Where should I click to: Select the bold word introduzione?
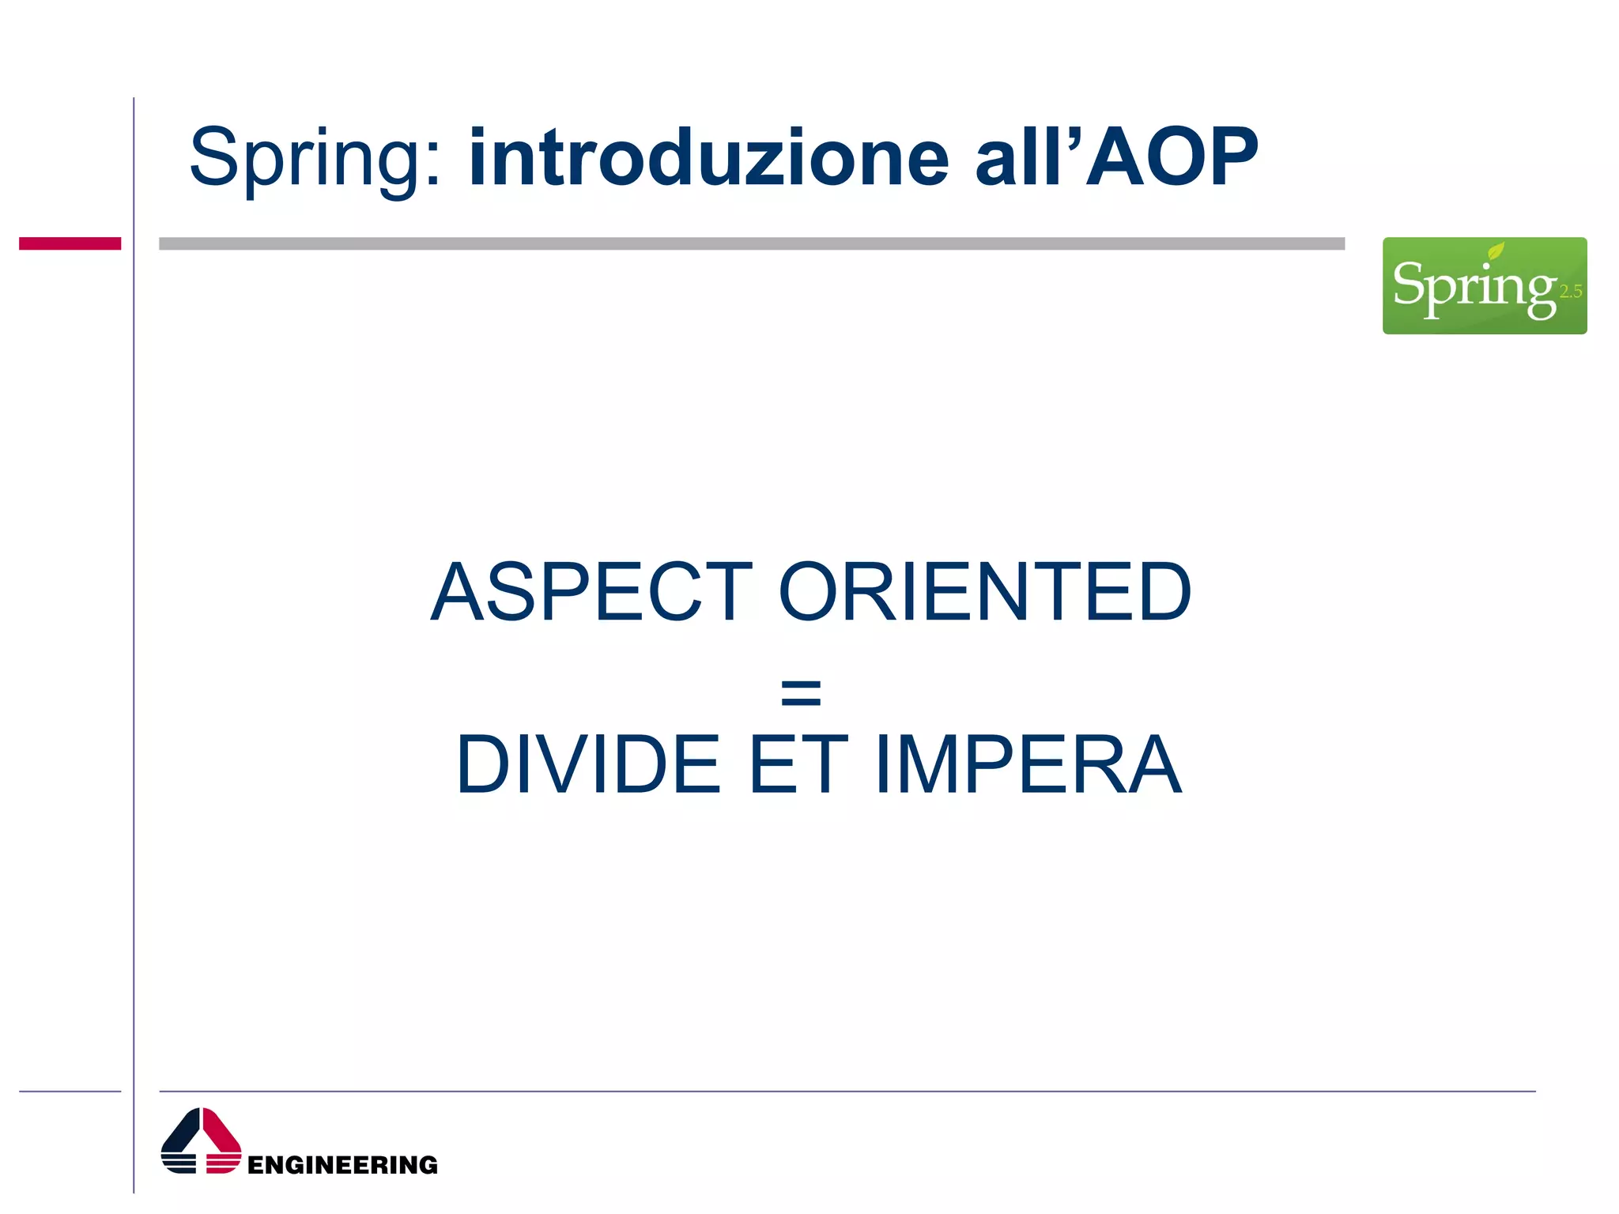pyautogui.click(x=708, y=158)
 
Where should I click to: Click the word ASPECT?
pyautogui.click(x=591, y=592)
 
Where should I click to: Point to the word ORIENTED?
pyautogui.click(x=985, y=592)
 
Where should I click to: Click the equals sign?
pyautogui.click(x=800, y=692)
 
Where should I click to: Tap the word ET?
pyautogui.click(x=798, y=764)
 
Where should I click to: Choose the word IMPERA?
pyautogui.click(x=1028, y=764)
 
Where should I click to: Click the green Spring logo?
pyautogui.click(x=1484, y=285)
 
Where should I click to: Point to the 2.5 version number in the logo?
pyautogui.click(x=1570, y=292)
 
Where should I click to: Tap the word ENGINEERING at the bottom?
pyautogui.click(x=342, y=1165)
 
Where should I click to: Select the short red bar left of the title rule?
pyautogui.click(x=70, y=243)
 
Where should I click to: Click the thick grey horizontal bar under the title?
pyautogui.click(x=751, y=243)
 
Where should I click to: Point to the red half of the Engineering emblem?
pyautogui.click(x=222, y=1142)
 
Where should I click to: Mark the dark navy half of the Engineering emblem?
pyautogui.click(x=180, y=1142)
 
